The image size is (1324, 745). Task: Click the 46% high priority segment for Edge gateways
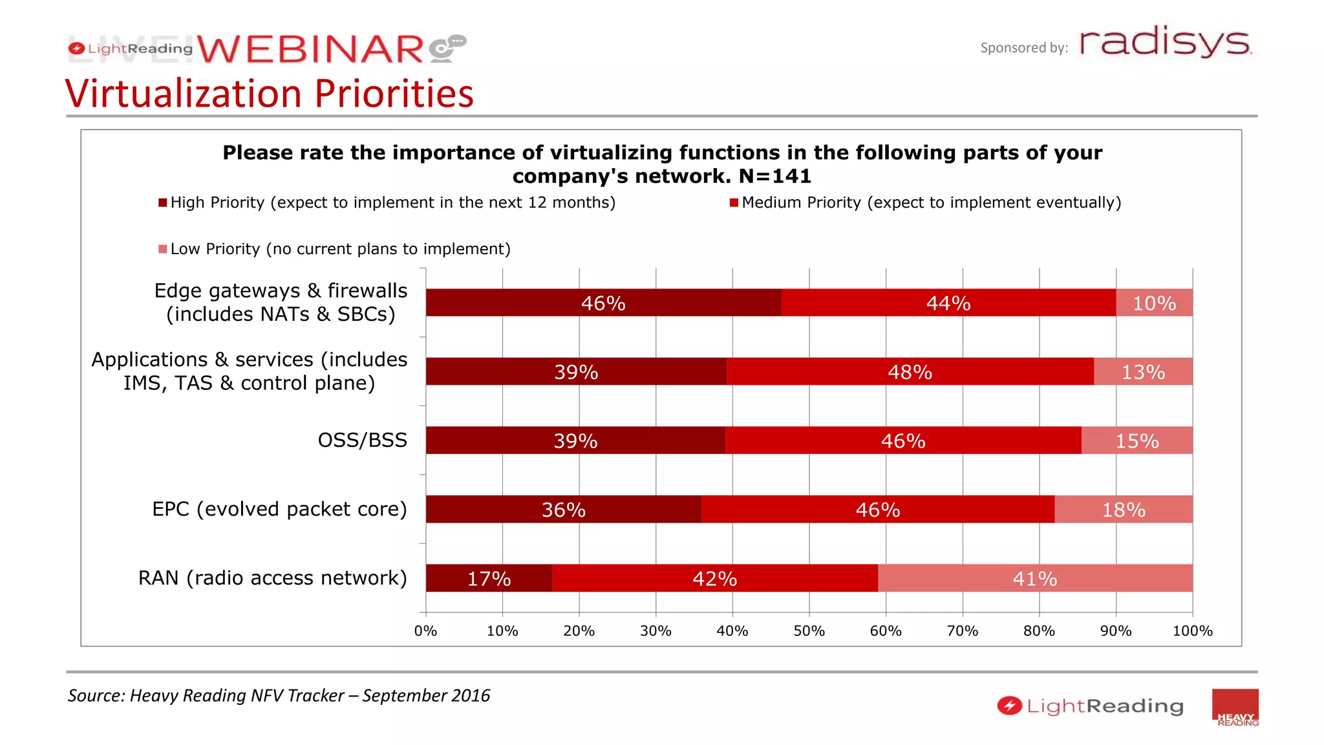point(603,303)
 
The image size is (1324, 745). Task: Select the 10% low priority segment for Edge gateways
point(1154,303)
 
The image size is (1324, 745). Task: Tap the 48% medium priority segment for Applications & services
point(910,372)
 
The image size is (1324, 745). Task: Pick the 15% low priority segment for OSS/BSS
point(1137,440)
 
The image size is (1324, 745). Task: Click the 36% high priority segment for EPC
point(563,510)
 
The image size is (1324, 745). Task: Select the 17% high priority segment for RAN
point(489,578)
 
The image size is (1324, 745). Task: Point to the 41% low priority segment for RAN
point(1034,578)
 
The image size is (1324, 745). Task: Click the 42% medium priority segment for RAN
point(714,578)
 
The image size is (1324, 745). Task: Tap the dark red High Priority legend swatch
point(163,203)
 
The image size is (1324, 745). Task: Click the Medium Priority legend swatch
point(734,203)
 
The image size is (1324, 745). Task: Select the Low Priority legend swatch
point(163,249)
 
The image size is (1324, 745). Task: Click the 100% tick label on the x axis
point(1192,631)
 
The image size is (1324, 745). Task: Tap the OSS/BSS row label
point(362,440)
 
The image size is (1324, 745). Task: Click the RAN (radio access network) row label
point(272,578)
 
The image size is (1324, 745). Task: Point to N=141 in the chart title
point(775,176)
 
